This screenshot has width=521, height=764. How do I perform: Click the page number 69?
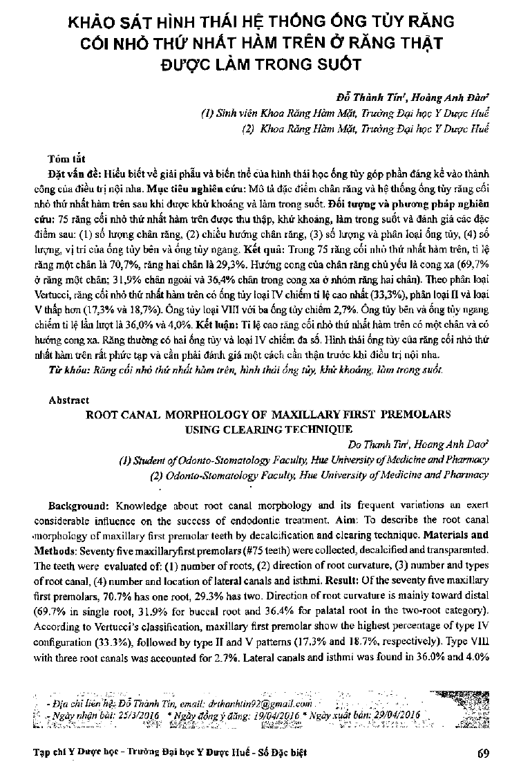pyautogui.click(x=483, y=752)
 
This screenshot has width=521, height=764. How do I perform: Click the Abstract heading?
pyautogui.click(x=69, y=400)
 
